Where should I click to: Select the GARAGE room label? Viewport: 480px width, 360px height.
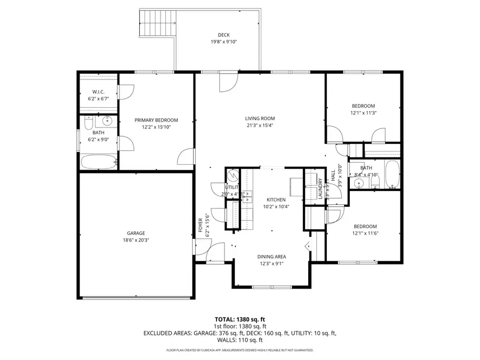135,233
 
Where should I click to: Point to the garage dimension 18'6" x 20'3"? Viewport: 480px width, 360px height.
135,240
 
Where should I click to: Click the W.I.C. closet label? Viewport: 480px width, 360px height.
98,92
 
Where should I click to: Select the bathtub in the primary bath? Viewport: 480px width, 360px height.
99,162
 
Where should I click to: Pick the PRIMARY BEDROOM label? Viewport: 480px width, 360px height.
156,121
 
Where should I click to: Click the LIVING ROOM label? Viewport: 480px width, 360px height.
260,118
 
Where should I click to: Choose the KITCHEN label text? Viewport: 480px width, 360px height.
276,199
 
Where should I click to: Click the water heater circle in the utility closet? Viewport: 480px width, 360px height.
232,175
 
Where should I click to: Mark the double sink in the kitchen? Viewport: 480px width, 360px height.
247,197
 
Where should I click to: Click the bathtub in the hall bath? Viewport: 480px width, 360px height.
392,175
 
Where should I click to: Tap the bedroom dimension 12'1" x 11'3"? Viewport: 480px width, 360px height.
363,113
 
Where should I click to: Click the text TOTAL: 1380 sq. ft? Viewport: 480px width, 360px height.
239,319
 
